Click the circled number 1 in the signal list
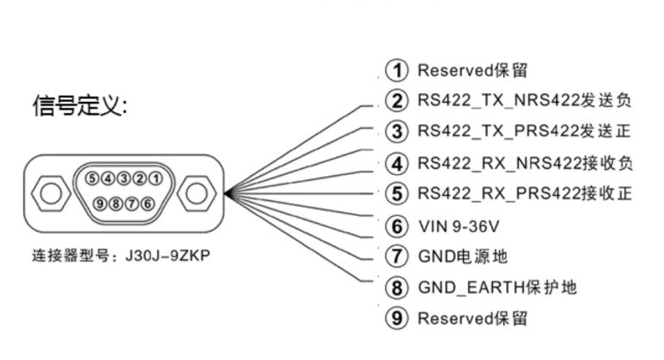tap(395, 70)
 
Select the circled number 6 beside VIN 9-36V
tap(395, 226)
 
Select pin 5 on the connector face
tap(92, 179)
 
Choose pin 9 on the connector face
tap(102, 203)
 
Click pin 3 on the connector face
tap(123, 179)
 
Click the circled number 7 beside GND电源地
tap(395, 256)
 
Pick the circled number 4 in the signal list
tap(395, 163)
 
